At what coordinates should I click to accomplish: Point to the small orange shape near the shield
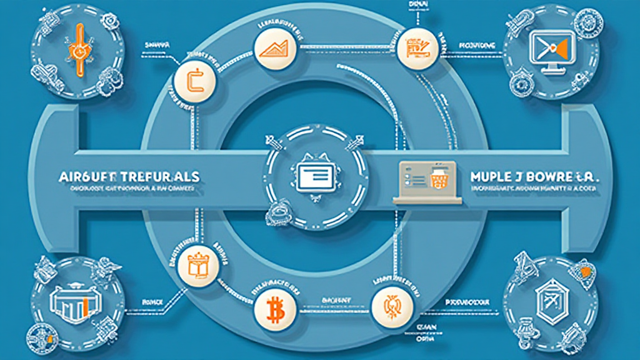pos(585,272)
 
